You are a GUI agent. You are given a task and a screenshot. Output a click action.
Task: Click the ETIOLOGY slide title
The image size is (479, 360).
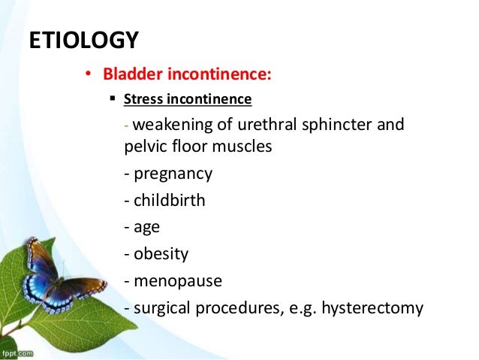pyautogui.click(x=83, y=40)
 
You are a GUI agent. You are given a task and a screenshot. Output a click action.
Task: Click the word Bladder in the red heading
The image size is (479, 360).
pyautogui.click(x=132, y=74)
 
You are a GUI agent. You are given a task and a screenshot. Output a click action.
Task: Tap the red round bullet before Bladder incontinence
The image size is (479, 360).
pyautogui.click(x=89, y=74)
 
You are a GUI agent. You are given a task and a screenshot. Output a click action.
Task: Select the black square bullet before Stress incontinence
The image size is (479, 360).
pyautogui.click(x=113, y=98)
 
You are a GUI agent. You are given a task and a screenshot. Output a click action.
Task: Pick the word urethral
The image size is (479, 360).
pyautogui.click(x=267, y=125)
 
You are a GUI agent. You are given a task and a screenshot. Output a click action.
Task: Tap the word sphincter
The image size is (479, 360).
pyautogui.click(x=336, y=126)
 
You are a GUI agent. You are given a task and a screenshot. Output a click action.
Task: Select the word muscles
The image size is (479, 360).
pyautogui.click(x=242, y=147)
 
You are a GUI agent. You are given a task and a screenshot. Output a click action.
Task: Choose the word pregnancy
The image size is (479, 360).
pyautogui.click(x=173, y=174)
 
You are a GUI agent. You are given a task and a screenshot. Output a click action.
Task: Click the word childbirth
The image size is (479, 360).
pyautogui.click(x=170, y=201)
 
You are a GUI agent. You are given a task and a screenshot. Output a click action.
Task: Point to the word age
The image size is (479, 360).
pyautogui.click(x=146, y=228)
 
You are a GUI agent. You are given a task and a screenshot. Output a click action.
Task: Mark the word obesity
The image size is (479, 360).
pyautogui.click(x=161, y=255)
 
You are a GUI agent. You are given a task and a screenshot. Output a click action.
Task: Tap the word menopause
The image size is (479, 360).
pyautogui.click(x=178, y=282)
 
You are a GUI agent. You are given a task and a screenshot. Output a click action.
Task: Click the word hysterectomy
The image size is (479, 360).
pyautogui.click(x=372, y=309)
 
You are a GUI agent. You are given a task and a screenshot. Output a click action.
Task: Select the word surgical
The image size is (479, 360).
pyautogui.click(x=162, y=309)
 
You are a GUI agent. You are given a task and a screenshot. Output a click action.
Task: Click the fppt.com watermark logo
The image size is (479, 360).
pyautogui.click(x=17, y=353)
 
